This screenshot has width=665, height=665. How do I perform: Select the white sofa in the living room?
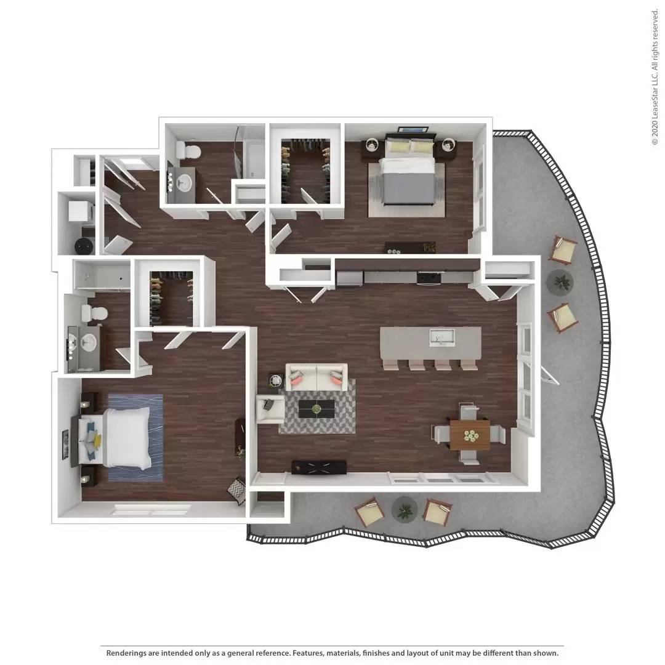pos(316,377)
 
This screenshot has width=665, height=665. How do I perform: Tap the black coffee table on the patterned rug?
pos(316,408)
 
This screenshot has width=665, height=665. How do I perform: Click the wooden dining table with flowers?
pos(470,435)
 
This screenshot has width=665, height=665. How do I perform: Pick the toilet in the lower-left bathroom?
pos(93,313)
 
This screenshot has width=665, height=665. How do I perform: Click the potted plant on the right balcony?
pos(561,282)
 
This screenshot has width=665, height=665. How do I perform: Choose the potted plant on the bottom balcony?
pos(405,509)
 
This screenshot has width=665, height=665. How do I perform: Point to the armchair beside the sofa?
pos(270,409)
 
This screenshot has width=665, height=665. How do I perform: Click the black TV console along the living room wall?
pos(318,467)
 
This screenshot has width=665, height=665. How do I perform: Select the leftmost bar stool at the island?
pos(391,363)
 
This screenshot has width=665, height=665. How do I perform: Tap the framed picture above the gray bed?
pos(412,129)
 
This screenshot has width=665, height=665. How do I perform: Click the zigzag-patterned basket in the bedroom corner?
pos(237,491)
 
